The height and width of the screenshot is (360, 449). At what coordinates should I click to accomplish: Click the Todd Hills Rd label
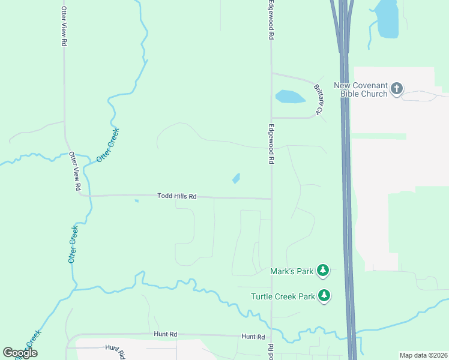point(177,196)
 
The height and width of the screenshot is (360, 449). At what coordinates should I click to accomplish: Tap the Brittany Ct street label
point(319,98)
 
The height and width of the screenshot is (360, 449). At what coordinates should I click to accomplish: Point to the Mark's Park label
point(292,272)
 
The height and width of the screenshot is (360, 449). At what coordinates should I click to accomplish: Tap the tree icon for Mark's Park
point(324,271)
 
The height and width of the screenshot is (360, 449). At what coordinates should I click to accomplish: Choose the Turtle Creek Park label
point(283,296)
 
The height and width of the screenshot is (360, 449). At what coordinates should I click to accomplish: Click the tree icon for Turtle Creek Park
point(324,296)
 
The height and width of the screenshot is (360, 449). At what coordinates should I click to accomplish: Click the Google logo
point(20,353)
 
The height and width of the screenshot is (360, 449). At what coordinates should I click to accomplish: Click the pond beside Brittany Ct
point(289,96)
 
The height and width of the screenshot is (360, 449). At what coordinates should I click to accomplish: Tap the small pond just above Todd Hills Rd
point(236,178)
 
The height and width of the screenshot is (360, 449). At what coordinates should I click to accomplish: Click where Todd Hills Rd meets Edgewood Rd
point(271,199)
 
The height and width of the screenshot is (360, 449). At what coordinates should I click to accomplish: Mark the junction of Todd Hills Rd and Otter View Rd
point(80,195)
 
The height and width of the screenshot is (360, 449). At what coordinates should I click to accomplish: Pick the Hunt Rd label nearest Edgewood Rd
point(253,337)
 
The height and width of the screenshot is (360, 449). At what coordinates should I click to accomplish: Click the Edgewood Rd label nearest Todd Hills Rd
point(271,145)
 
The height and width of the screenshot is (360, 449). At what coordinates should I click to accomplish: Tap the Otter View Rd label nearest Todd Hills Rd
point(74,171)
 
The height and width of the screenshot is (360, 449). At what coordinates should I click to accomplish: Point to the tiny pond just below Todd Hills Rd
point(137,201)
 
